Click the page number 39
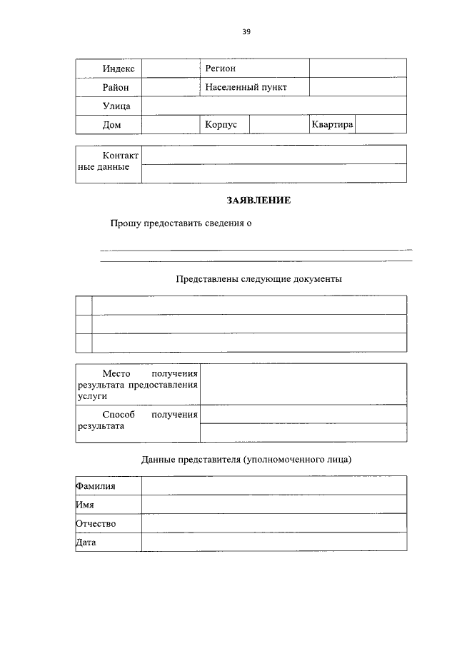246,31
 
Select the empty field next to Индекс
170,69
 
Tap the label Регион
220,69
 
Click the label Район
116,87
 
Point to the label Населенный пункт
245,87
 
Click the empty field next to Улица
273,106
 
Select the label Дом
111,125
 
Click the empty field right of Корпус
278,124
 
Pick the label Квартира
332,124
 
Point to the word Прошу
125,223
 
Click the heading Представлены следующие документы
259,279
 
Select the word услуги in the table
91,395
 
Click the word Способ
118,415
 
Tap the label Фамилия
96,486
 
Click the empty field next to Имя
273,505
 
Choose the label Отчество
96,524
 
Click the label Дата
86,542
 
